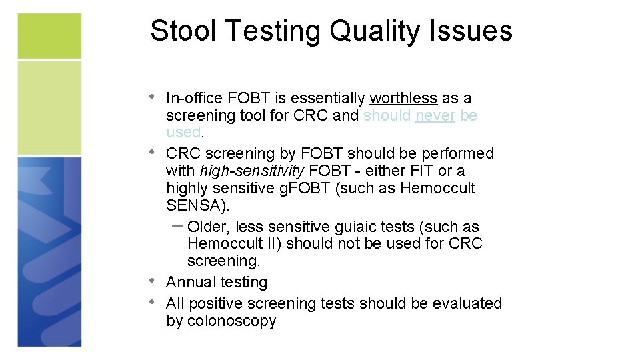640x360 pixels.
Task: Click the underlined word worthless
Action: coord(403,99)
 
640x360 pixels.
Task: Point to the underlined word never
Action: coord(435,116)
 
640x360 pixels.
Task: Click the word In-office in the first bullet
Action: coord(194,99)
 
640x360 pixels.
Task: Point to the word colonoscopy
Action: coord(232,321)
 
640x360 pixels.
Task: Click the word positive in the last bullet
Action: coord(215,303)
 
